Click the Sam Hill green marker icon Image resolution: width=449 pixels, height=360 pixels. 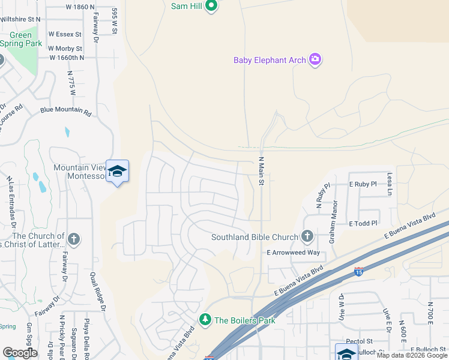tap(211, 7)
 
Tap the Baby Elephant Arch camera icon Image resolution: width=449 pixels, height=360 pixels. tap(315, 59)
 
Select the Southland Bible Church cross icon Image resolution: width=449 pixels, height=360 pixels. tap(307, 236)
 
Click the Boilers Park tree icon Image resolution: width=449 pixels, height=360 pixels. tap(205, 319)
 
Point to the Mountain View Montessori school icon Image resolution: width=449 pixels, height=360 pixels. tap(117, 172)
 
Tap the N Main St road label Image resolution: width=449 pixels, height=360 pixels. tap(262, 171)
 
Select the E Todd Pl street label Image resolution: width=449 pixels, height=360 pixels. tap(363, 223)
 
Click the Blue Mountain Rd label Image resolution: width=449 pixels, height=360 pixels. tap(66, 111)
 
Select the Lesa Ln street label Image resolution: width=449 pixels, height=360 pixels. tap(390, 184)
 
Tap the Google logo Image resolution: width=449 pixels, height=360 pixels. tap(20, 353)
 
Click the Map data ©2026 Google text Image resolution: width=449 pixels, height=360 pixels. tap(411, 355)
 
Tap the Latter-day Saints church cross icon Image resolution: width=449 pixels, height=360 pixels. tap(74, 240)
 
